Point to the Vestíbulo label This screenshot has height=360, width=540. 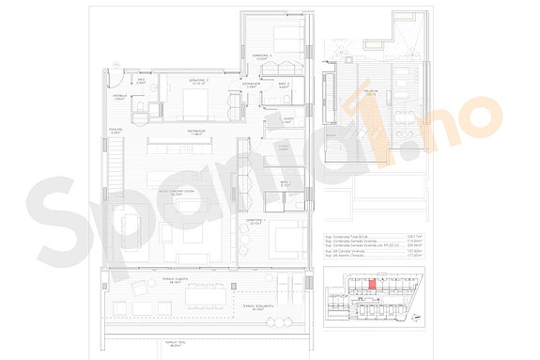tap(120, 96)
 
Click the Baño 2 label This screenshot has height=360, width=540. tap(284, 86)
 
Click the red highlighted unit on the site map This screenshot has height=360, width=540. tap(372, 281)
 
